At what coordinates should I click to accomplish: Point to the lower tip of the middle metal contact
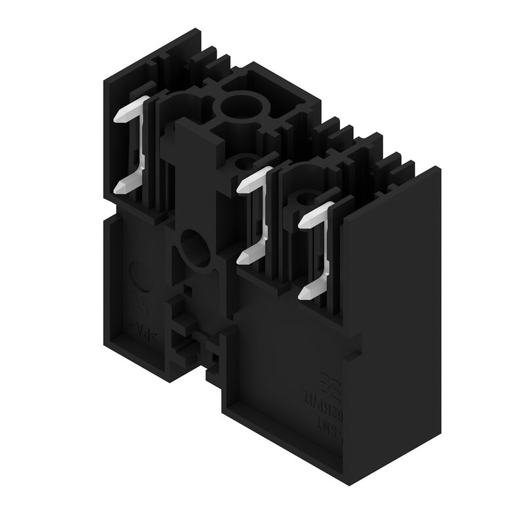(243, 259)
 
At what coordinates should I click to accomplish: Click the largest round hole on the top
(236, 106)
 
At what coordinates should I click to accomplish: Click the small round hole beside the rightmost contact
(303, 198)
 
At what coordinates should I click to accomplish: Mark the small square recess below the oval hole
(188, 287)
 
